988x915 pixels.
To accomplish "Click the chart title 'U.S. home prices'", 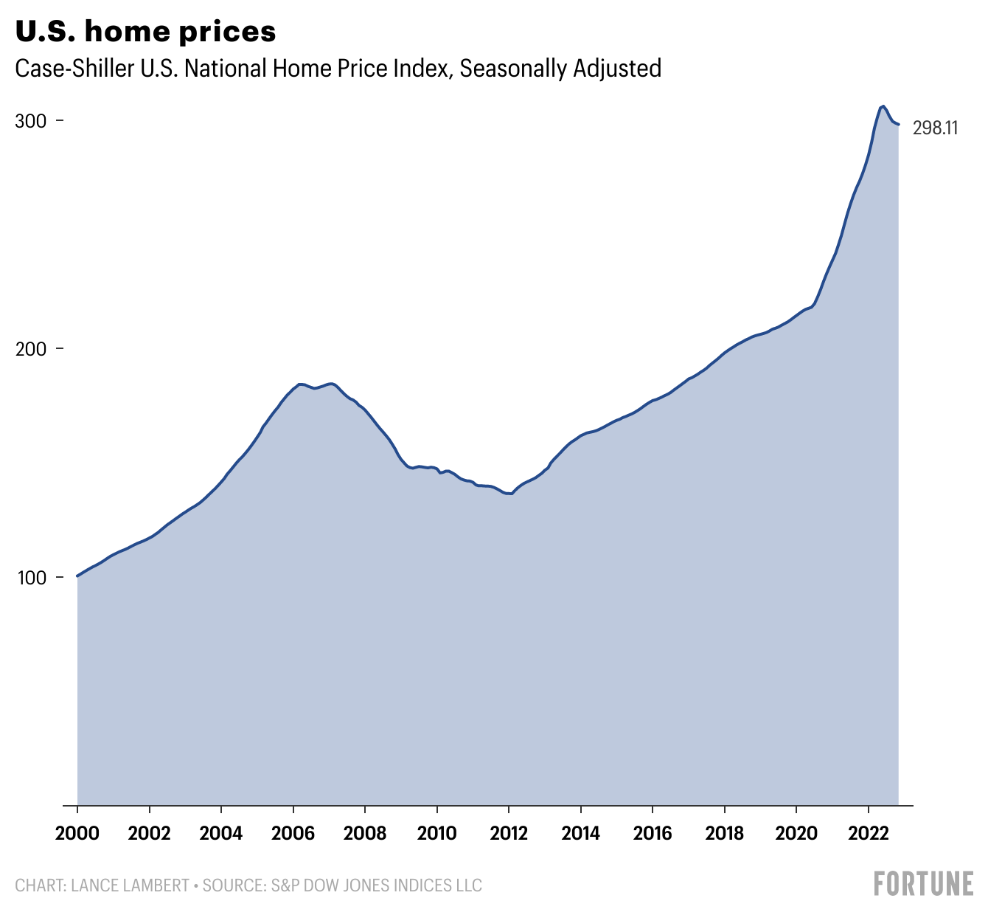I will click(x=146, y=31).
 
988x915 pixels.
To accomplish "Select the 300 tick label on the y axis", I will click(x=31, y=121).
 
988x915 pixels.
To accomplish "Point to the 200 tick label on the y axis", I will click(x=31, y=349).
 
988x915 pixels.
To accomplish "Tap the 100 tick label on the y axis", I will click(x=31, y=577).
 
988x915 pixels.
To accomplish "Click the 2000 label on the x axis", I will click(x=77, y=833).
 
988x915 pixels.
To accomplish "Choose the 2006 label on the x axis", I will click(x=293, y=833).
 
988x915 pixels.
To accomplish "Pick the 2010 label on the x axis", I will click(x=437, y=833).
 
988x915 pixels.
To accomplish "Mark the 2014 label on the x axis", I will click(x=581, y=833).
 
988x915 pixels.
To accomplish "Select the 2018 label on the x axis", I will click(x=725, y=833).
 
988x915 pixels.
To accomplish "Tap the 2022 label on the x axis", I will click(x=869, y=833).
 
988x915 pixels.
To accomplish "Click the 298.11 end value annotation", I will click(x=935, y=128).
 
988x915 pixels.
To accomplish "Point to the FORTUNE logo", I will click(x=923, y=883).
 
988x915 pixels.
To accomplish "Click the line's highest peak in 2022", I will click(x=883, y=106).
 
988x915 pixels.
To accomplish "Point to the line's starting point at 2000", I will click(x=77, y=576).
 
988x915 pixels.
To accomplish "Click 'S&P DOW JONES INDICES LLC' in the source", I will click(x=373, y=885).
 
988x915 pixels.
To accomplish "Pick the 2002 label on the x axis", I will click(x=150, y=833).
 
